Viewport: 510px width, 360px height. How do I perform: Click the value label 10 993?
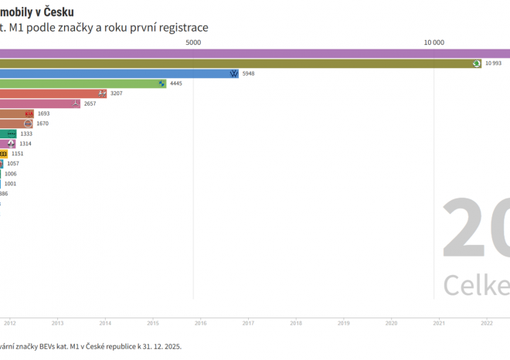click(493, 63)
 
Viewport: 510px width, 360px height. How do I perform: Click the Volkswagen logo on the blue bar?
click(233, 73)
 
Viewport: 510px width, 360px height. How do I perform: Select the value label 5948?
click(248, 73)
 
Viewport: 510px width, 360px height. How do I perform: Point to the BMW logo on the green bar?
click(161, 83)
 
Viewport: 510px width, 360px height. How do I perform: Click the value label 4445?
click(175, 83)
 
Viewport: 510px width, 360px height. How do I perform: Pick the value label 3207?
click(117, 93)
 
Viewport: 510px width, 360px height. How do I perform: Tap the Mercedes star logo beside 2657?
click(74, 104)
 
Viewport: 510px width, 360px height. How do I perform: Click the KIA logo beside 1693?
click(29, 114)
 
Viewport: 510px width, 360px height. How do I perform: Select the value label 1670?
click(42, 124)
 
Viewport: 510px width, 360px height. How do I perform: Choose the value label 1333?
click(26, 134)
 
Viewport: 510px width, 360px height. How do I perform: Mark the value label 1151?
click(18, 154)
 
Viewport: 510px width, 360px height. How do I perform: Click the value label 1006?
click(10, 174)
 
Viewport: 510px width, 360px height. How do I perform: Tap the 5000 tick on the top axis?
click(193, 43)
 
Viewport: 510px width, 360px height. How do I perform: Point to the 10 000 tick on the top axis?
click(433, 43)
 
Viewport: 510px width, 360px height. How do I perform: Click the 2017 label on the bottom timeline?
click(248, 324)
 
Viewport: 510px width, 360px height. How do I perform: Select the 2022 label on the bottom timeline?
click(487, 324)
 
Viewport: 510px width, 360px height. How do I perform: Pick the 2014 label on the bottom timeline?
click(105, 324)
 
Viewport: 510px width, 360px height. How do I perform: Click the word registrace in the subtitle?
click(181, 28)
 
